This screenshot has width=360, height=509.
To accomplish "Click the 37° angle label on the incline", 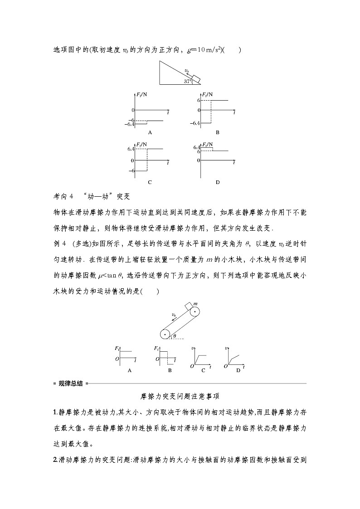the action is coord(188,81).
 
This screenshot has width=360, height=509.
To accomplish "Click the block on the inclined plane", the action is coord(196,78).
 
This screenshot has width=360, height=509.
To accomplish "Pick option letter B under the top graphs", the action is coord(218,132).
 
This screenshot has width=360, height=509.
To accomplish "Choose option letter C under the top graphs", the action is coord(149,182).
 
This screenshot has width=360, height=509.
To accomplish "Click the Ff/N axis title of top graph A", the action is coord(141,96).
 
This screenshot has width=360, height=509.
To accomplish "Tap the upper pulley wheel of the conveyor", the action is coord(195,312).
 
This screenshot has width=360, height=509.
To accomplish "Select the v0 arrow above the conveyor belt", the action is coord(175,316).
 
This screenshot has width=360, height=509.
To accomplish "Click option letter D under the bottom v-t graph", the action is coord(238,370).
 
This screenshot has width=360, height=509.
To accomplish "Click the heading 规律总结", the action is coord(70,383).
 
